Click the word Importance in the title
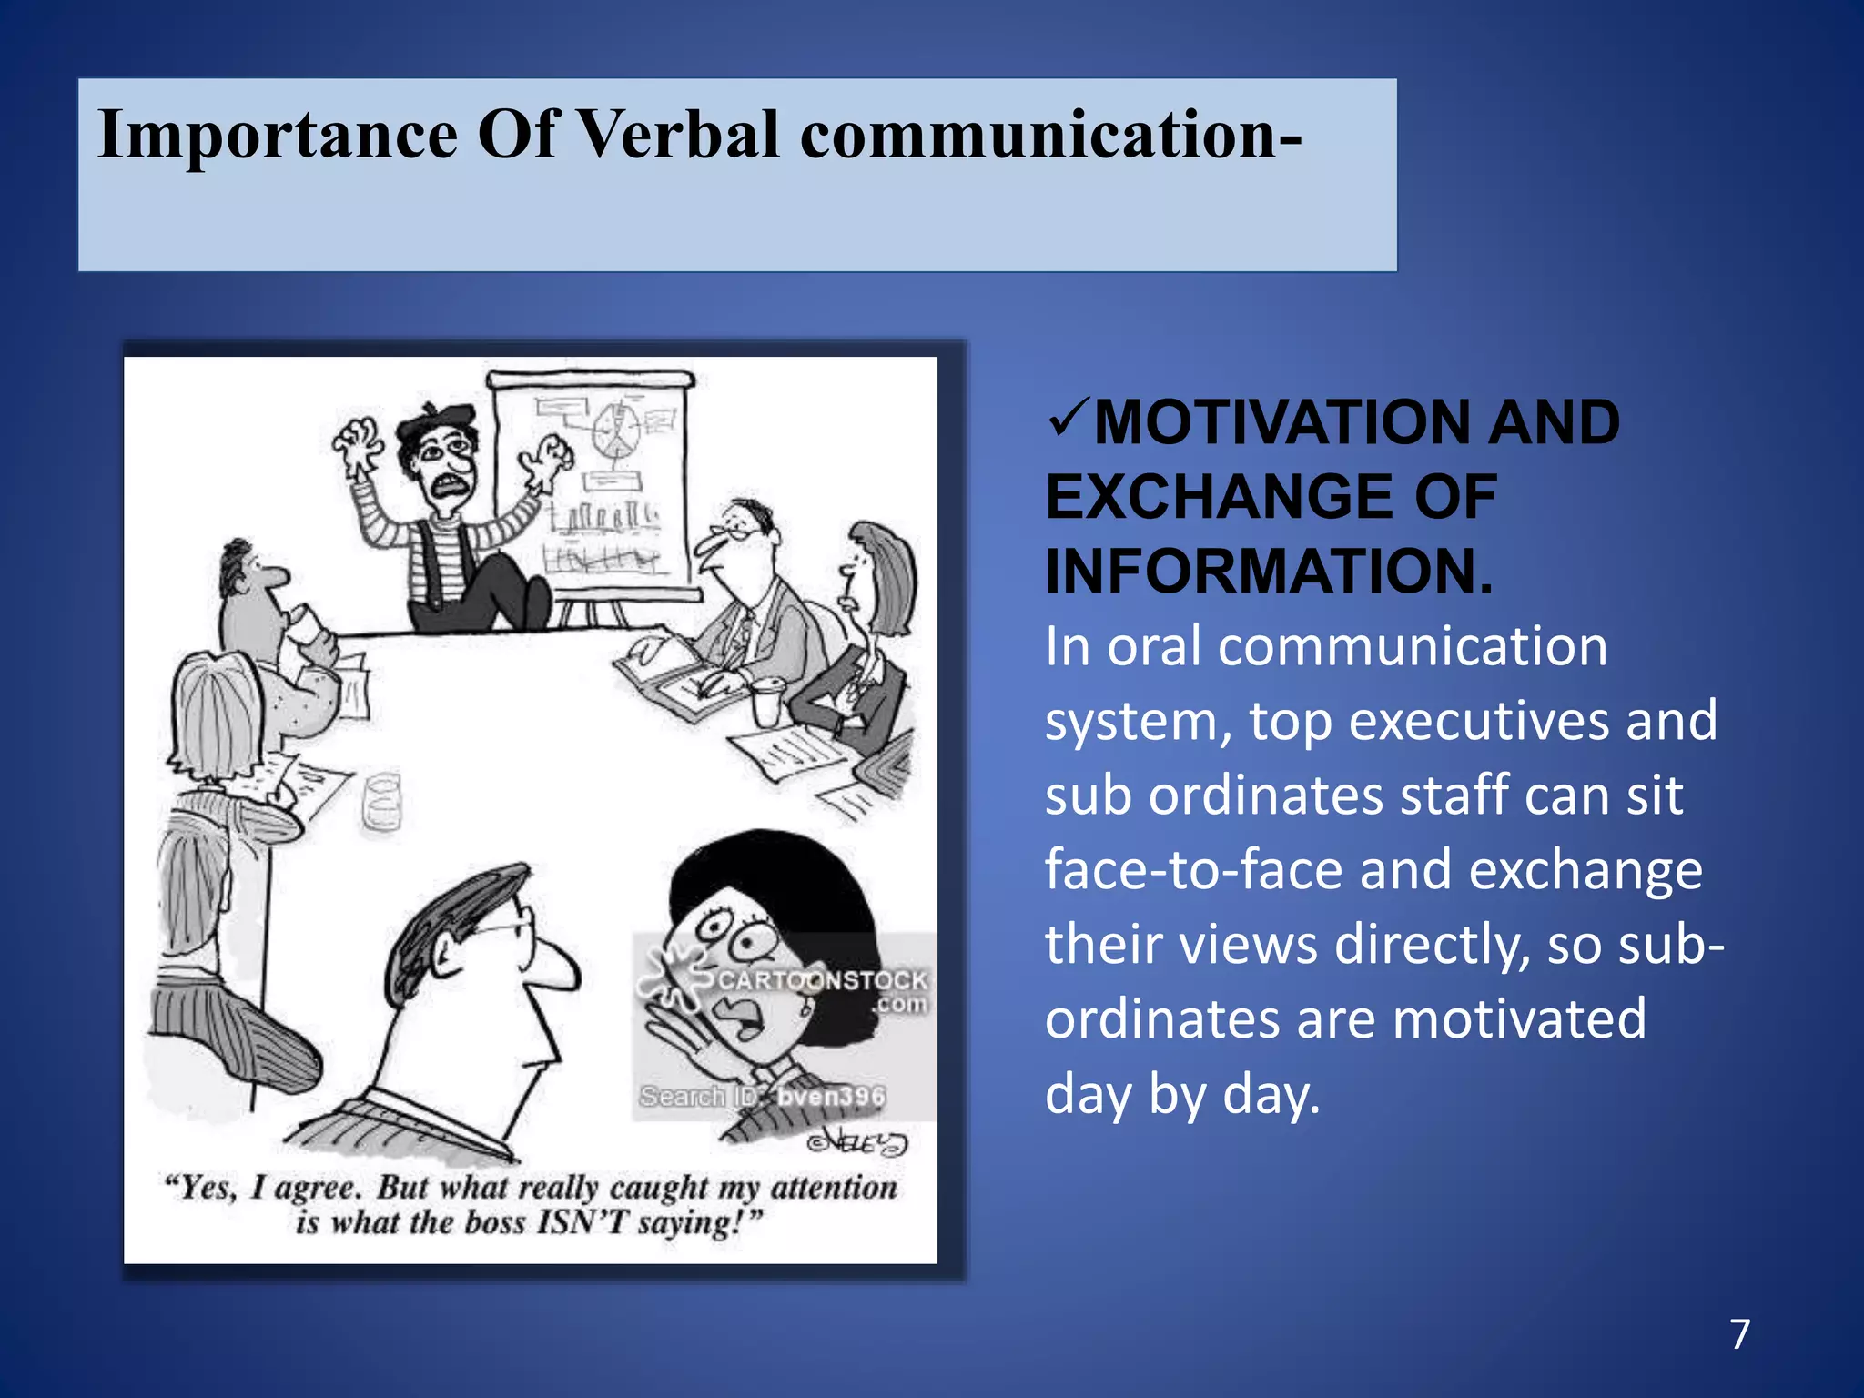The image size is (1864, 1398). pos(277,135)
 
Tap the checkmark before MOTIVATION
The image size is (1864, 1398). pos(1066,420)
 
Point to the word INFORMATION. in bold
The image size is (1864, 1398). pos(1270,572)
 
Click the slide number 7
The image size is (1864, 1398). pos(1740,1334)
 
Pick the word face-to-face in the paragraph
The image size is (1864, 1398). pos(1193,869)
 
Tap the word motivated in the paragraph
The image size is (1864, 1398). pos(1519,1018)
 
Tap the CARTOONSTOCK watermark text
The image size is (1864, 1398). pos(822,980)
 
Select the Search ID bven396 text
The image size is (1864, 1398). pos(763,1096)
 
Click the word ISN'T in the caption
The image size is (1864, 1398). pos(581,1222)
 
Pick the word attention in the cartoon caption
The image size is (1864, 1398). pos(834,1187)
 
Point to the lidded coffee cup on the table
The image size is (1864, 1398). pos(766,702)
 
